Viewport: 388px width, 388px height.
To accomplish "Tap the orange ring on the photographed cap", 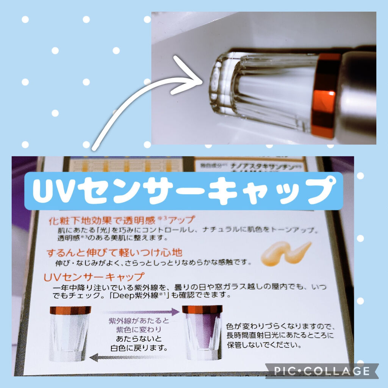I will (325, 95).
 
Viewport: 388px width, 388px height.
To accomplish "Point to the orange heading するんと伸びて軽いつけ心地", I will (114, 252).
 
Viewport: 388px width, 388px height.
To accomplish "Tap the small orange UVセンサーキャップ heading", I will (94, 277).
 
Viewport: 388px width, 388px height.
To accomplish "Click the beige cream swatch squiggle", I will (286, 253).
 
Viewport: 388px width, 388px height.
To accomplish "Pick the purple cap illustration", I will (202, 332).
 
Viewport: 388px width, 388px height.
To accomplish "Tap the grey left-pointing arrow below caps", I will (129, 356).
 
